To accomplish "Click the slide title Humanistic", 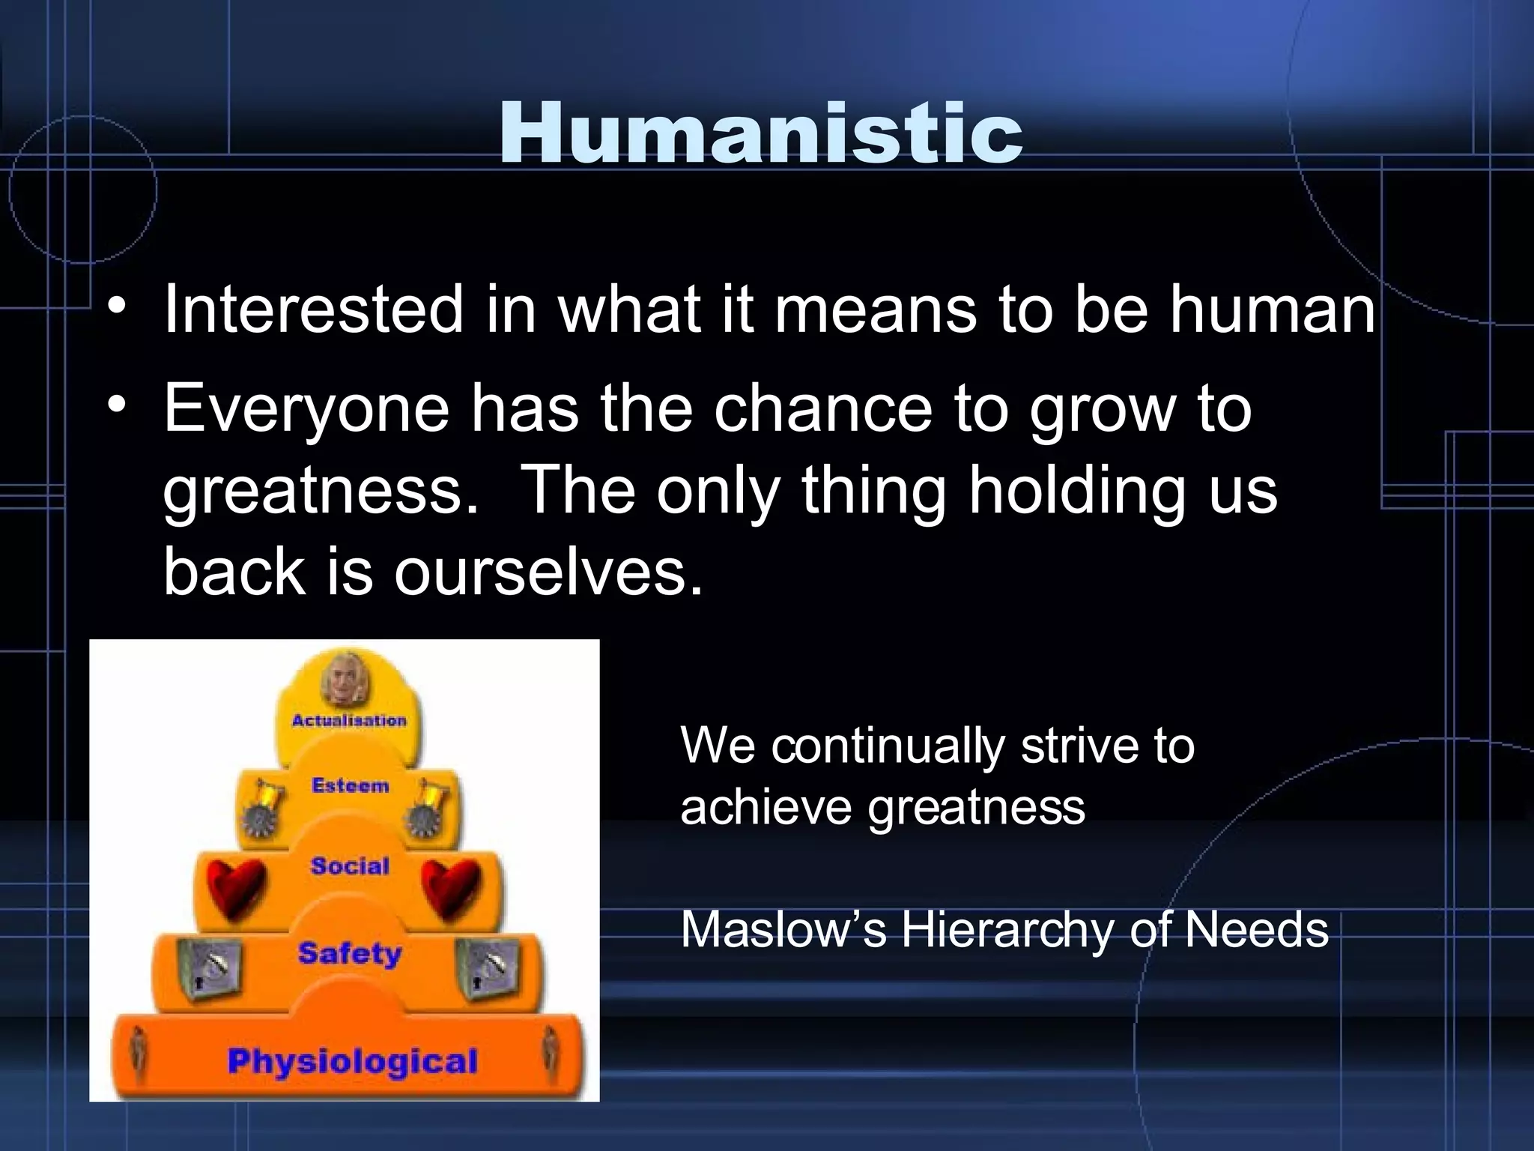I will pyautogui.click(x=760, y=133).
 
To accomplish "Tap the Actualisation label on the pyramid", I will pyautogui.click(x=349, y=720).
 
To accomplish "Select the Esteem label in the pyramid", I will pyautogui.click(x=351, y=785).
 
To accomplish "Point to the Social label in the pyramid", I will pyautogui.click(x=351, y=866).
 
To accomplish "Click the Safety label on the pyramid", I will pyautogui.click(x=350, y=954).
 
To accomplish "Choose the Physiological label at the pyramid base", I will pyautogui.click(x=352, y=1061).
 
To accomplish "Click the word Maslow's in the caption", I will pyautogui.click(x=783, y=930).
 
